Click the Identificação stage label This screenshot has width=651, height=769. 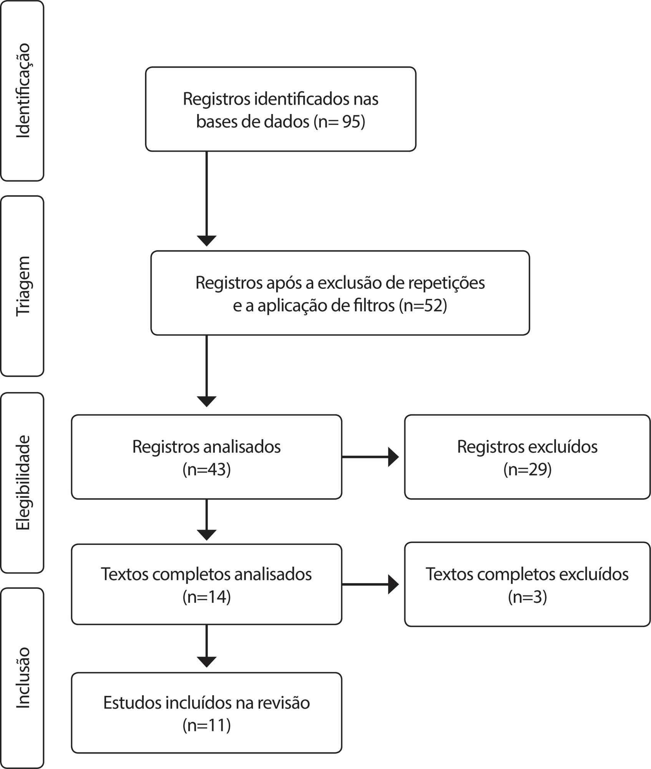[23, 91]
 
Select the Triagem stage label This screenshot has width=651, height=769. [23, 286]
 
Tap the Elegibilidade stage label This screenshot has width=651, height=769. [23, 483]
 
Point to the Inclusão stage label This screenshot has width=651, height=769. [23, 678]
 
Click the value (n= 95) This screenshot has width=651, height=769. [339, 122]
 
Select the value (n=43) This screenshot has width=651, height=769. [207, 469]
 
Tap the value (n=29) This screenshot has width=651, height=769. [528, 469]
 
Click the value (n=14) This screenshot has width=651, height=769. [207, 597]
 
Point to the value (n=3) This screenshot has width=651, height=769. [528, 597]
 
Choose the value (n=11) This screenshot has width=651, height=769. [207, 725]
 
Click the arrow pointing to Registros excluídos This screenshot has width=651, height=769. [370, 457]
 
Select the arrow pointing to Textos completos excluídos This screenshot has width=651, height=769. [370, 584]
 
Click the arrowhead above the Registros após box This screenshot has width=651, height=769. [207, 241]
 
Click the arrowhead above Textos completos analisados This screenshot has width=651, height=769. [207, 535]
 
